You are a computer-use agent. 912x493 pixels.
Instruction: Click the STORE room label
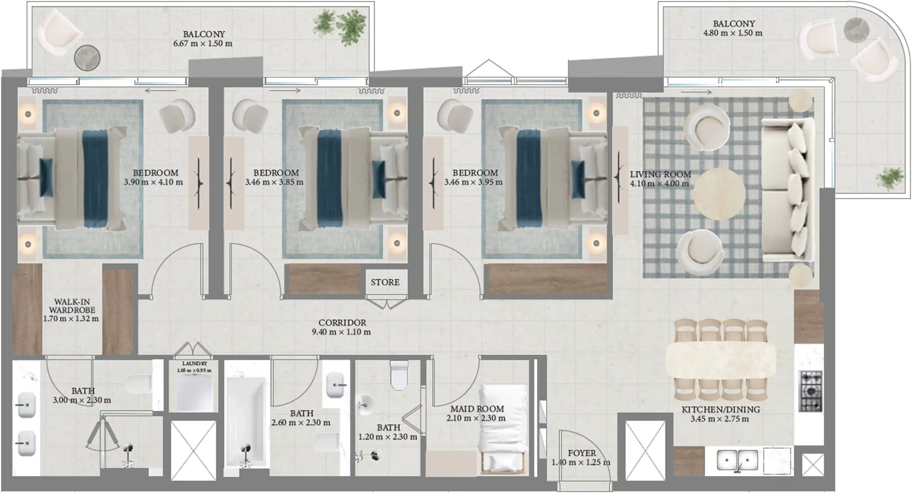tap(385, 282)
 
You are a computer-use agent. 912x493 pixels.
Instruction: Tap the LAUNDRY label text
tap(194, 364)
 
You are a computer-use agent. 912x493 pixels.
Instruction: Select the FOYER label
tap(582, 453)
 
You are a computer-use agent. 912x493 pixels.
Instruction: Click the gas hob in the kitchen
tap(810, 391)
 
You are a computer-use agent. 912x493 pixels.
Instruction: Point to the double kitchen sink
tap(738, 460)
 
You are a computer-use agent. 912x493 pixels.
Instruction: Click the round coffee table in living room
tap(719, 194)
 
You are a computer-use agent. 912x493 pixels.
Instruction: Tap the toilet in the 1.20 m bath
tap(399, 375)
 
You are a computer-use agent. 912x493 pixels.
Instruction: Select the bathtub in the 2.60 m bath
tap(246, 421)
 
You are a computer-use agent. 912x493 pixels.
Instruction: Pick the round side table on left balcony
tap(87, 58)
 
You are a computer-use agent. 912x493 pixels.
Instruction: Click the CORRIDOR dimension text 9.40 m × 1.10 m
tap(341, 332)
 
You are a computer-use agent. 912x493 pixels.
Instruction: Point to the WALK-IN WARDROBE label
tap(72, 306)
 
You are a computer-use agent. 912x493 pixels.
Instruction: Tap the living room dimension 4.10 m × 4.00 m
tap(659, 183)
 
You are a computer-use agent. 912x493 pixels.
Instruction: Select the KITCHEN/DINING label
tap(721, 410)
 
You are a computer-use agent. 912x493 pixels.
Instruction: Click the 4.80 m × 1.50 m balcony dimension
tap(733, 33)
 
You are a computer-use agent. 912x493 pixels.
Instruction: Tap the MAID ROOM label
tap(477, 409)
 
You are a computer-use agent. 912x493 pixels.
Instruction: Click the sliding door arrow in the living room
tap(696, 92)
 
